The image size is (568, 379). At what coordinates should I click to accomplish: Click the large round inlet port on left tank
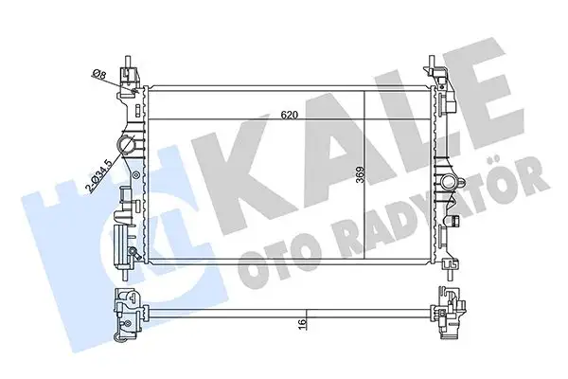point(127,144)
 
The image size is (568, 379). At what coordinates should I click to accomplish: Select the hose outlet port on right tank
point(446,181)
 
